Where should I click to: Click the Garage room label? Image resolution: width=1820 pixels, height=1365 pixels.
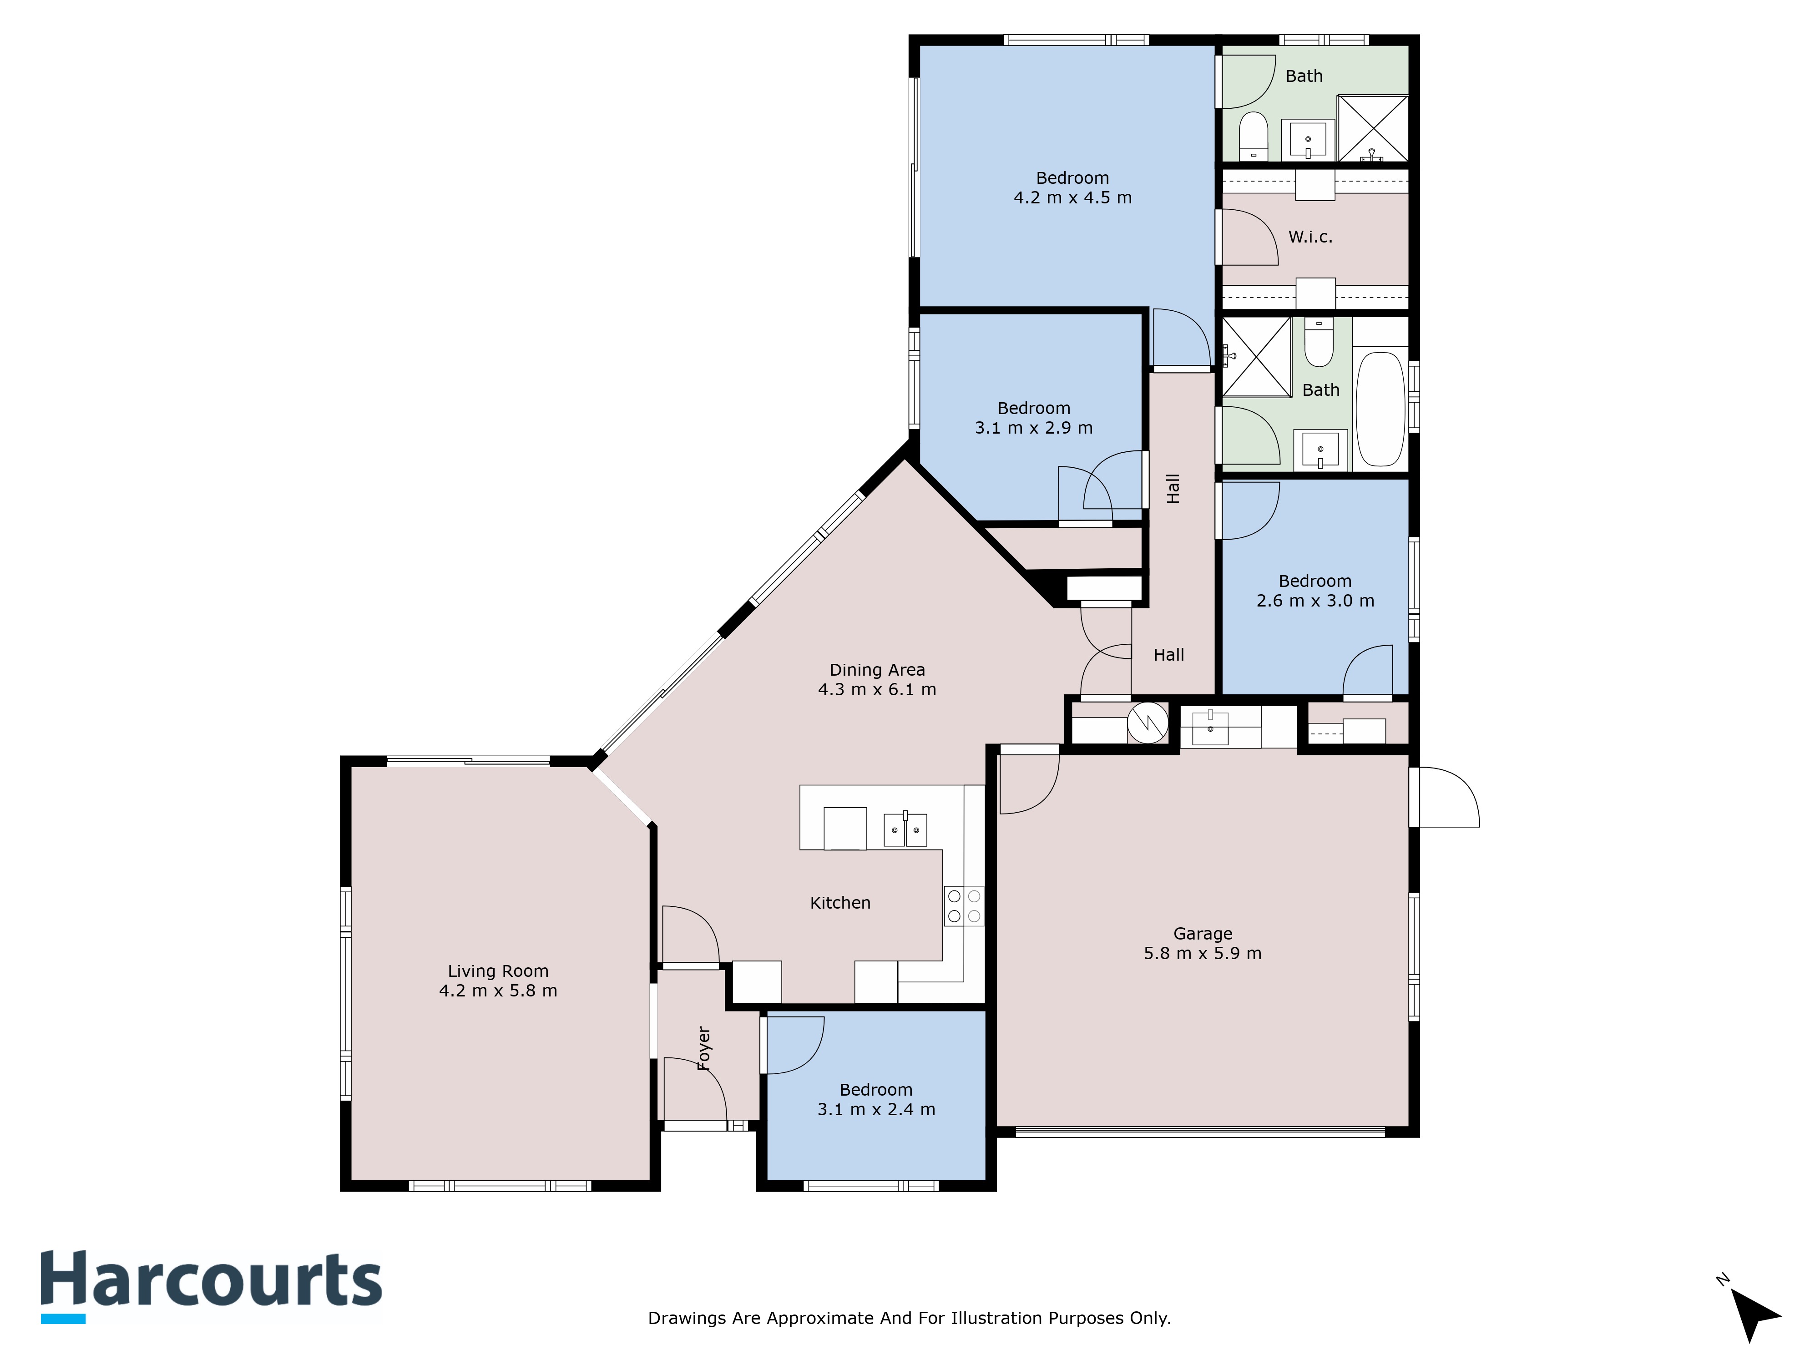click(1202, 934)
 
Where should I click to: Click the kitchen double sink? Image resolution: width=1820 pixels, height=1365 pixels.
click(905, 829)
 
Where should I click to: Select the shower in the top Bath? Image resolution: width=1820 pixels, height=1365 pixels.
click(1372, 128)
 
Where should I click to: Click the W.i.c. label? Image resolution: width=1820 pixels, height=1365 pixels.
click(1310, 237)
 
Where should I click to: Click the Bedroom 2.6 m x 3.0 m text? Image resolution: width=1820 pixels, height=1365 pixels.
click(1315, 591)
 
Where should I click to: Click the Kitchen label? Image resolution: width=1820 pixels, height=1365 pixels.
click(840, 903)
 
